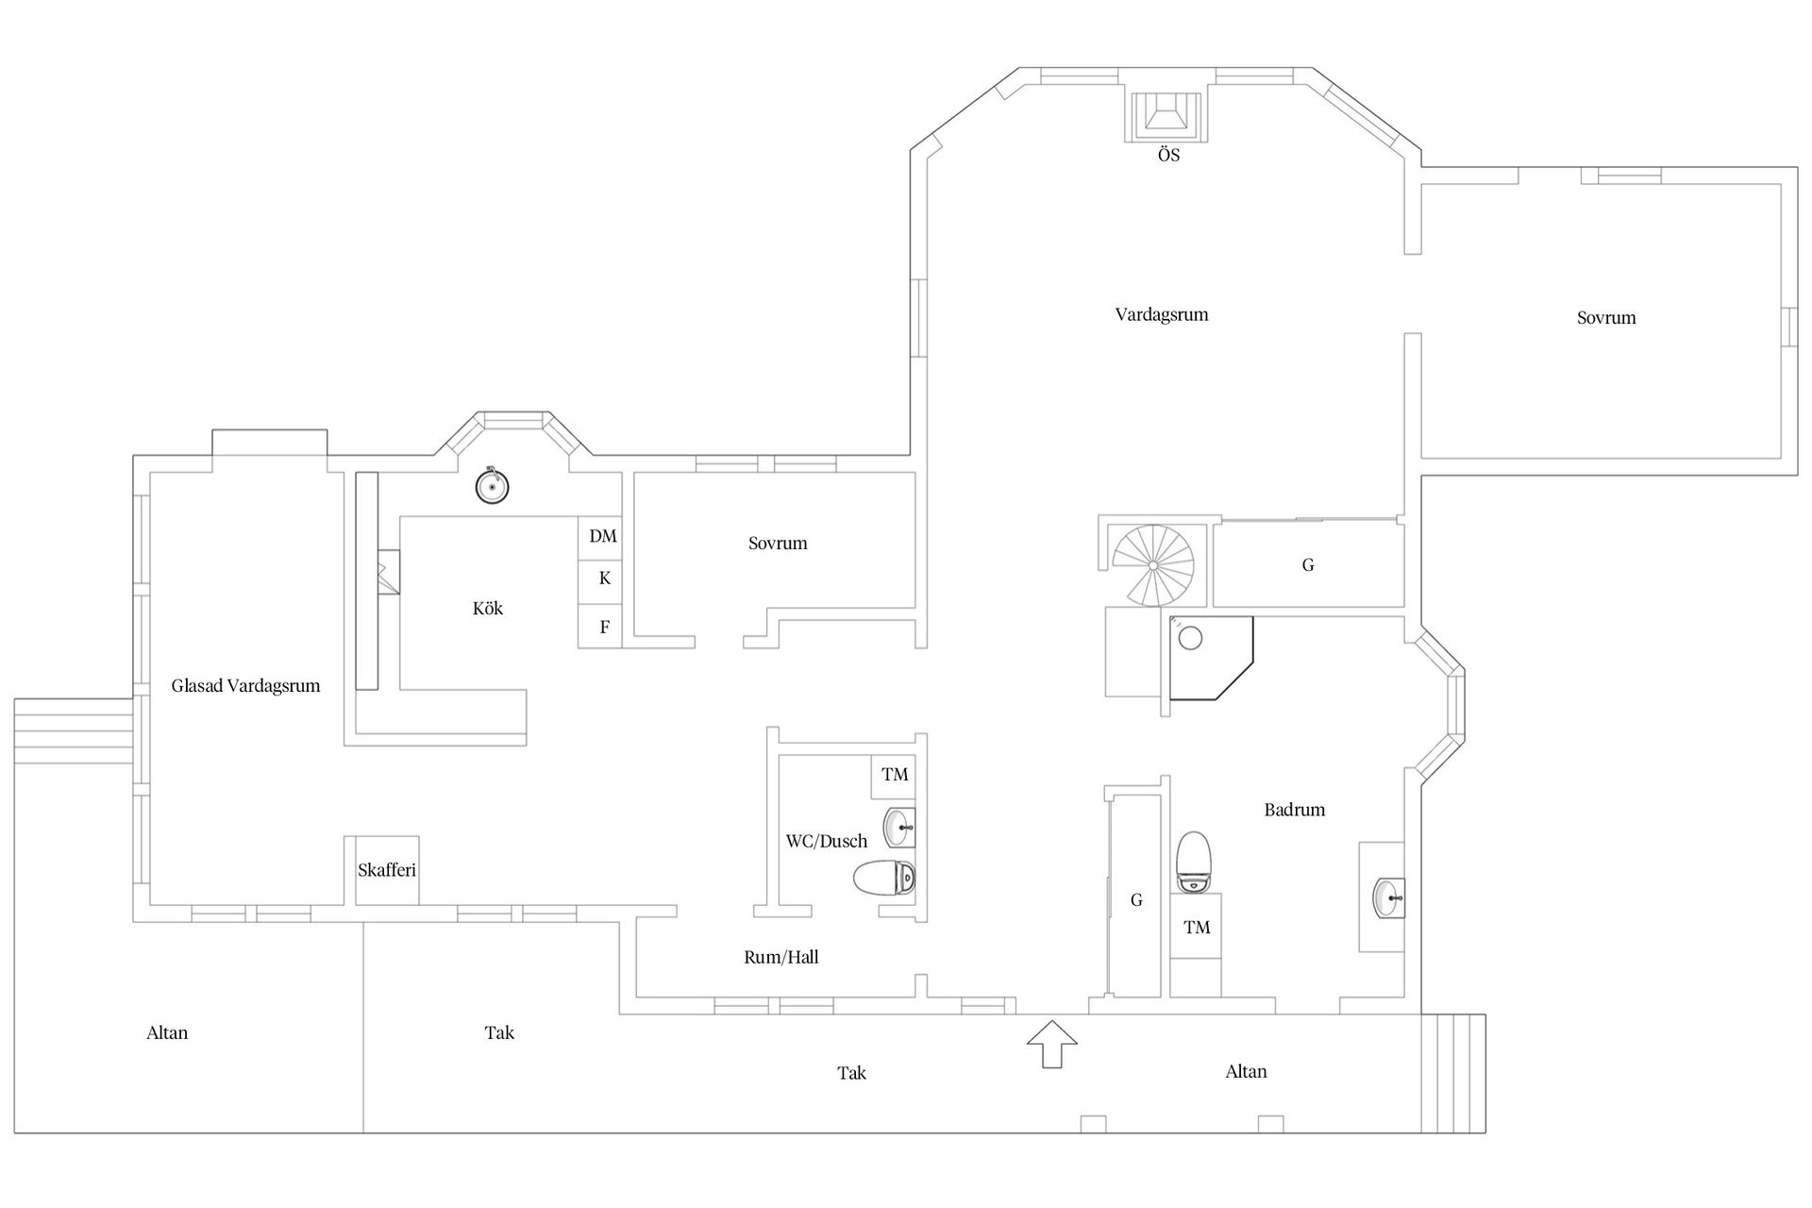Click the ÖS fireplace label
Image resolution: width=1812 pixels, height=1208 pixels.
pos(1168,156)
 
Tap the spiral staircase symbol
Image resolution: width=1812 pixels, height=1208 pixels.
pos(1152,564)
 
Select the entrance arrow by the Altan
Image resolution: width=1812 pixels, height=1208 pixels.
pos(1051,1044)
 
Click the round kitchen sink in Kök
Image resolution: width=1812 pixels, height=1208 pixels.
pos(491,487)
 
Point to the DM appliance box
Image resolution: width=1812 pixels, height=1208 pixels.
pos(602,537)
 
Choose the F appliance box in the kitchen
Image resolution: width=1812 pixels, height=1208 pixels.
pos(602,627)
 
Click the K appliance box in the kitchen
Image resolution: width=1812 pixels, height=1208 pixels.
pos(602,579)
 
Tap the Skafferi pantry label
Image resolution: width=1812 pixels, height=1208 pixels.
pos(387,870)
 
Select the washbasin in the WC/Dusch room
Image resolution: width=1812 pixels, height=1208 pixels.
pos(899,828)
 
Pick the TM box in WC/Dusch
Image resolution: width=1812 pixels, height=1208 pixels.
pos(894,776)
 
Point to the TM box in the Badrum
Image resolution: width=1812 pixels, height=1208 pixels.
pos(1197,928)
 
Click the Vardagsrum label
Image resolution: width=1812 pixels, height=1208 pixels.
pos(1162,315)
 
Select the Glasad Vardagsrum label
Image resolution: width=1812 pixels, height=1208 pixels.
pos(245,686)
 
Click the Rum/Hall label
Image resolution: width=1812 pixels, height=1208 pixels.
pos(781,957)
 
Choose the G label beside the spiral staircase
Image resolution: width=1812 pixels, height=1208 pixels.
pos(1308,565)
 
